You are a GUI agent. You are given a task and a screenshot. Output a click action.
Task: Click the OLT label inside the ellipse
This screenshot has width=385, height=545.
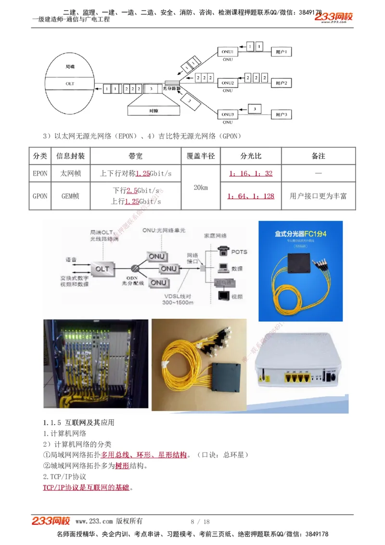point(70,83)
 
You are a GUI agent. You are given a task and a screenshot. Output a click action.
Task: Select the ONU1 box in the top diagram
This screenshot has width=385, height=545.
point(228,52)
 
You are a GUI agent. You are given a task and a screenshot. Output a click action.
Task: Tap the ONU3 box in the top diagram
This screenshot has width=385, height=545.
point(228,115)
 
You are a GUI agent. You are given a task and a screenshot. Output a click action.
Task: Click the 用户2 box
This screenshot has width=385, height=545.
point(281,83)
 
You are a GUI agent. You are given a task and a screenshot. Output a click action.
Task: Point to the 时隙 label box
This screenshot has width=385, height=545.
point(154,111)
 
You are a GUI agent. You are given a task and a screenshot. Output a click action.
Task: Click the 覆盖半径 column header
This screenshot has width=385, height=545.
point(201,156)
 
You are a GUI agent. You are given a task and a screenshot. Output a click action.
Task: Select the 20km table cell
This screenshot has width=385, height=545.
point(201,187)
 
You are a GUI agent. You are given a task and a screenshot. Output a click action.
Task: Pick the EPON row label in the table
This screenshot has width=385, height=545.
point(40,173)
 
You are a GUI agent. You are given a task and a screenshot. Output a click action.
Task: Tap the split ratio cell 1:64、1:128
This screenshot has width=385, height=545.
point(251,196)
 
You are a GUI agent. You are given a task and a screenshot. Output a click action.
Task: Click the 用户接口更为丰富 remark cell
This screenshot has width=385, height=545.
point(318,196)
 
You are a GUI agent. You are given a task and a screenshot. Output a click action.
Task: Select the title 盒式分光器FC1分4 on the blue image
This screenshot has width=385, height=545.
point(300,234)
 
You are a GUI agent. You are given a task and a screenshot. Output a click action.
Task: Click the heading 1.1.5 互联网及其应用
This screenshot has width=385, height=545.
point(78,423)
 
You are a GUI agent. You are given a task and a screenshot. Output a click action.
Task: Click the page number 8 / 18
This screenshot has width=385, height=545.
point(201,521)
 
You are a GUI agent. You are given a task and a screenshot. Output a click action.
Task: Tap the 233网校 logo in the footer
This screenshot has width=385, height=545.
point(51,521)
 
